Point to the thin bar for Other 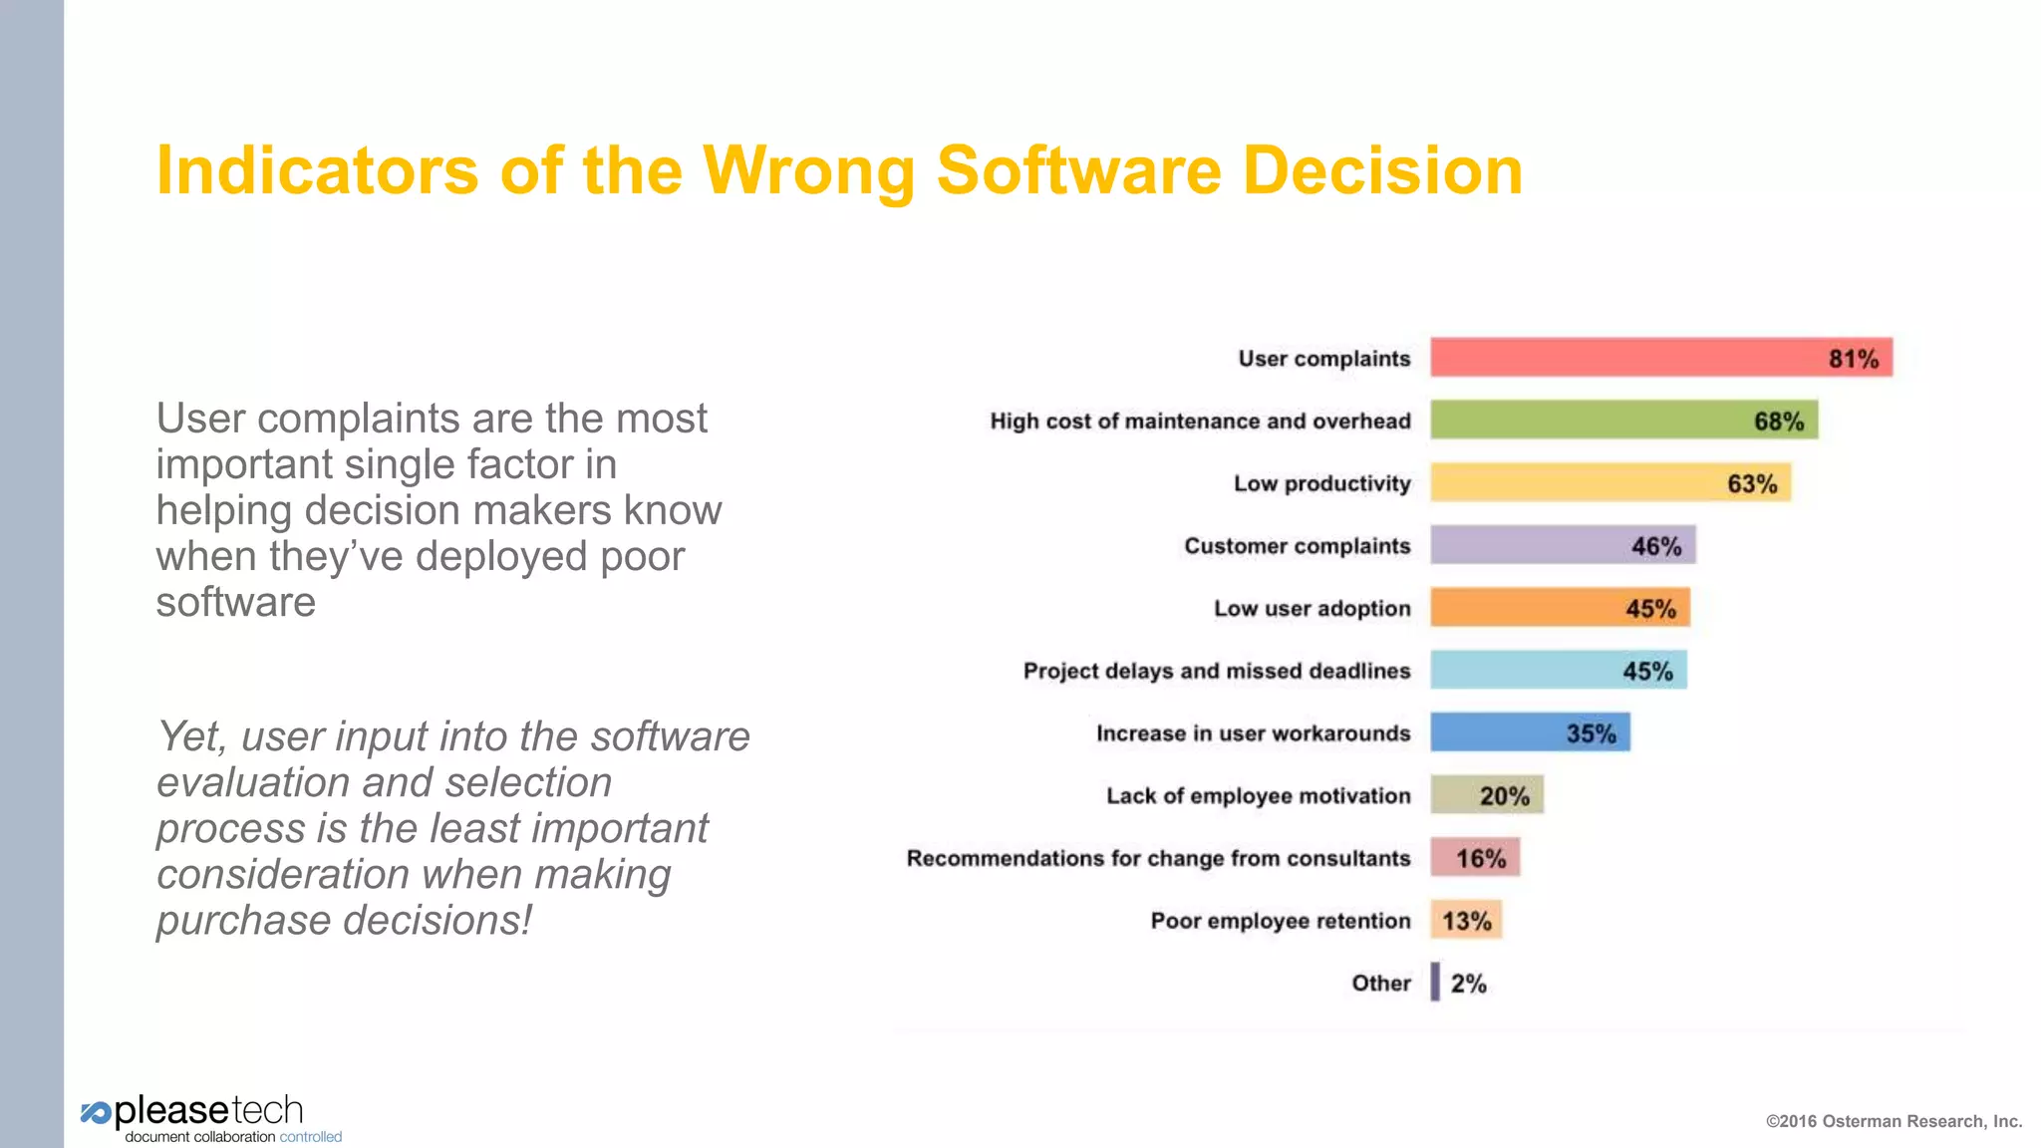1435,983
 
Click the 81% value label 1853,359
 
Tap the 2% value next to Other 1468,984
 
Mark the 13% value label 1467,921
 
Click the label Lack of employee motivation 1258,795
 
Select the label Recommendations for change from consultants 1158,858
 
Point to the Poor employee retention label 1280,921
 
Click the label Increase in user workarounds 1253,733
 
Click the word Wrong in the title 808,171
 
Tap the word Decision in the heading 1382,171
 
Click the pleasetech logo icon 96,1113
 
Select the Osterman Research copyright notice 1894,1121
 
